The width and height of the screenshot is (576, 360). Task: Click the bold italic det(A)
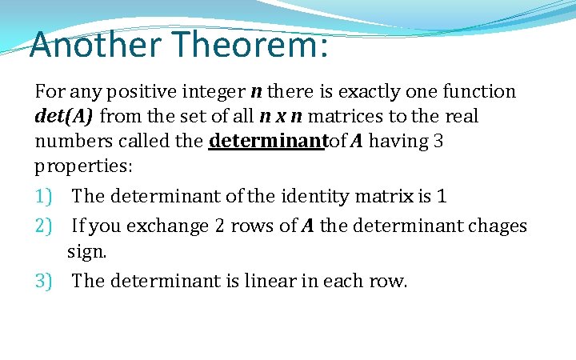[x=64, y=117]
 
